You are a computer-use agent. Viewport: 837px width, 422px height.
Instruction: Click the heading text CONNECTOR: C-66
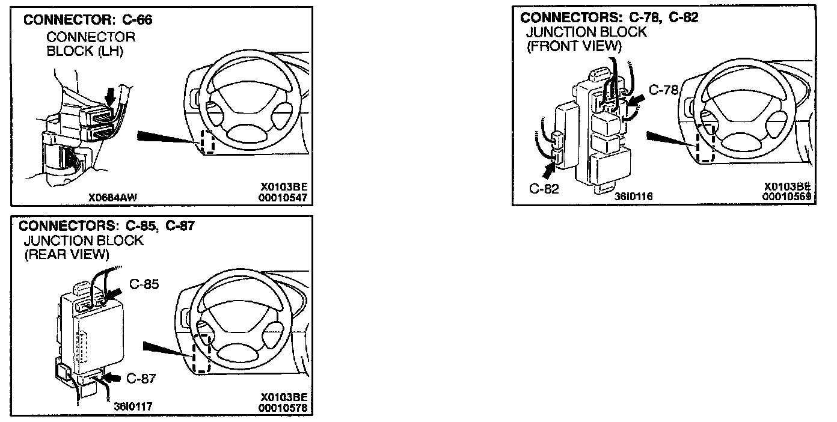(88, 20)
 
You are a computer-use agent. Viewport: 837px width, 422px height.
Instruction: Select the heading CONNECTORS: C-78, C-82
(609, 17)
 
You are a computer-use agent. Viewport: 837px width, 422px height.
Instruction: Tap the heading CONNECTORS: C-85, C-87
(108, 226)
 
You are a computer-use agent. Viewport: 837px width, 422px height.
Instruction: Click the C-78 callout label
(663, 91)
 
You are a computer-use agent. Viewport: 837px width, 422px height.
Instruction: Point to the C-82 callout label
(544, 189)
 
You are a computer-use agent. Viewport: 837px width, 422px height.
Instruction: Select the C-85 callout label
(144, 284)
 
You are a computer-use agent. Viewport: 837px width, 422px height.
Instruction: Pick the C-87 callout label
(142, 378)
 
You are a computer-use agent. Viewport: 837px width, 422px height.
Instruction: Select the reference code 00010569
(786, 196)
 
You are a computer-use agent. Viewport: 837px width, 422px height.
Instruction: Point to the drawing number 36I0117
(133, 406)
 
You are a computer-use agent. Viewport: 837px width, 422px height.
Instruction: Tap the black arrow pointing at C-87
(112, 378)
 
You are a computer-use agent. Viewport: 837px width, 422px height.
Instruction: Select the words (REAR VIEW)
(66, 254)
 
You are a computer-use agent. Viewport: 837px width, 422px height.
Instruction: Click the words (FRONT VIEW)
(574, 46)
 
